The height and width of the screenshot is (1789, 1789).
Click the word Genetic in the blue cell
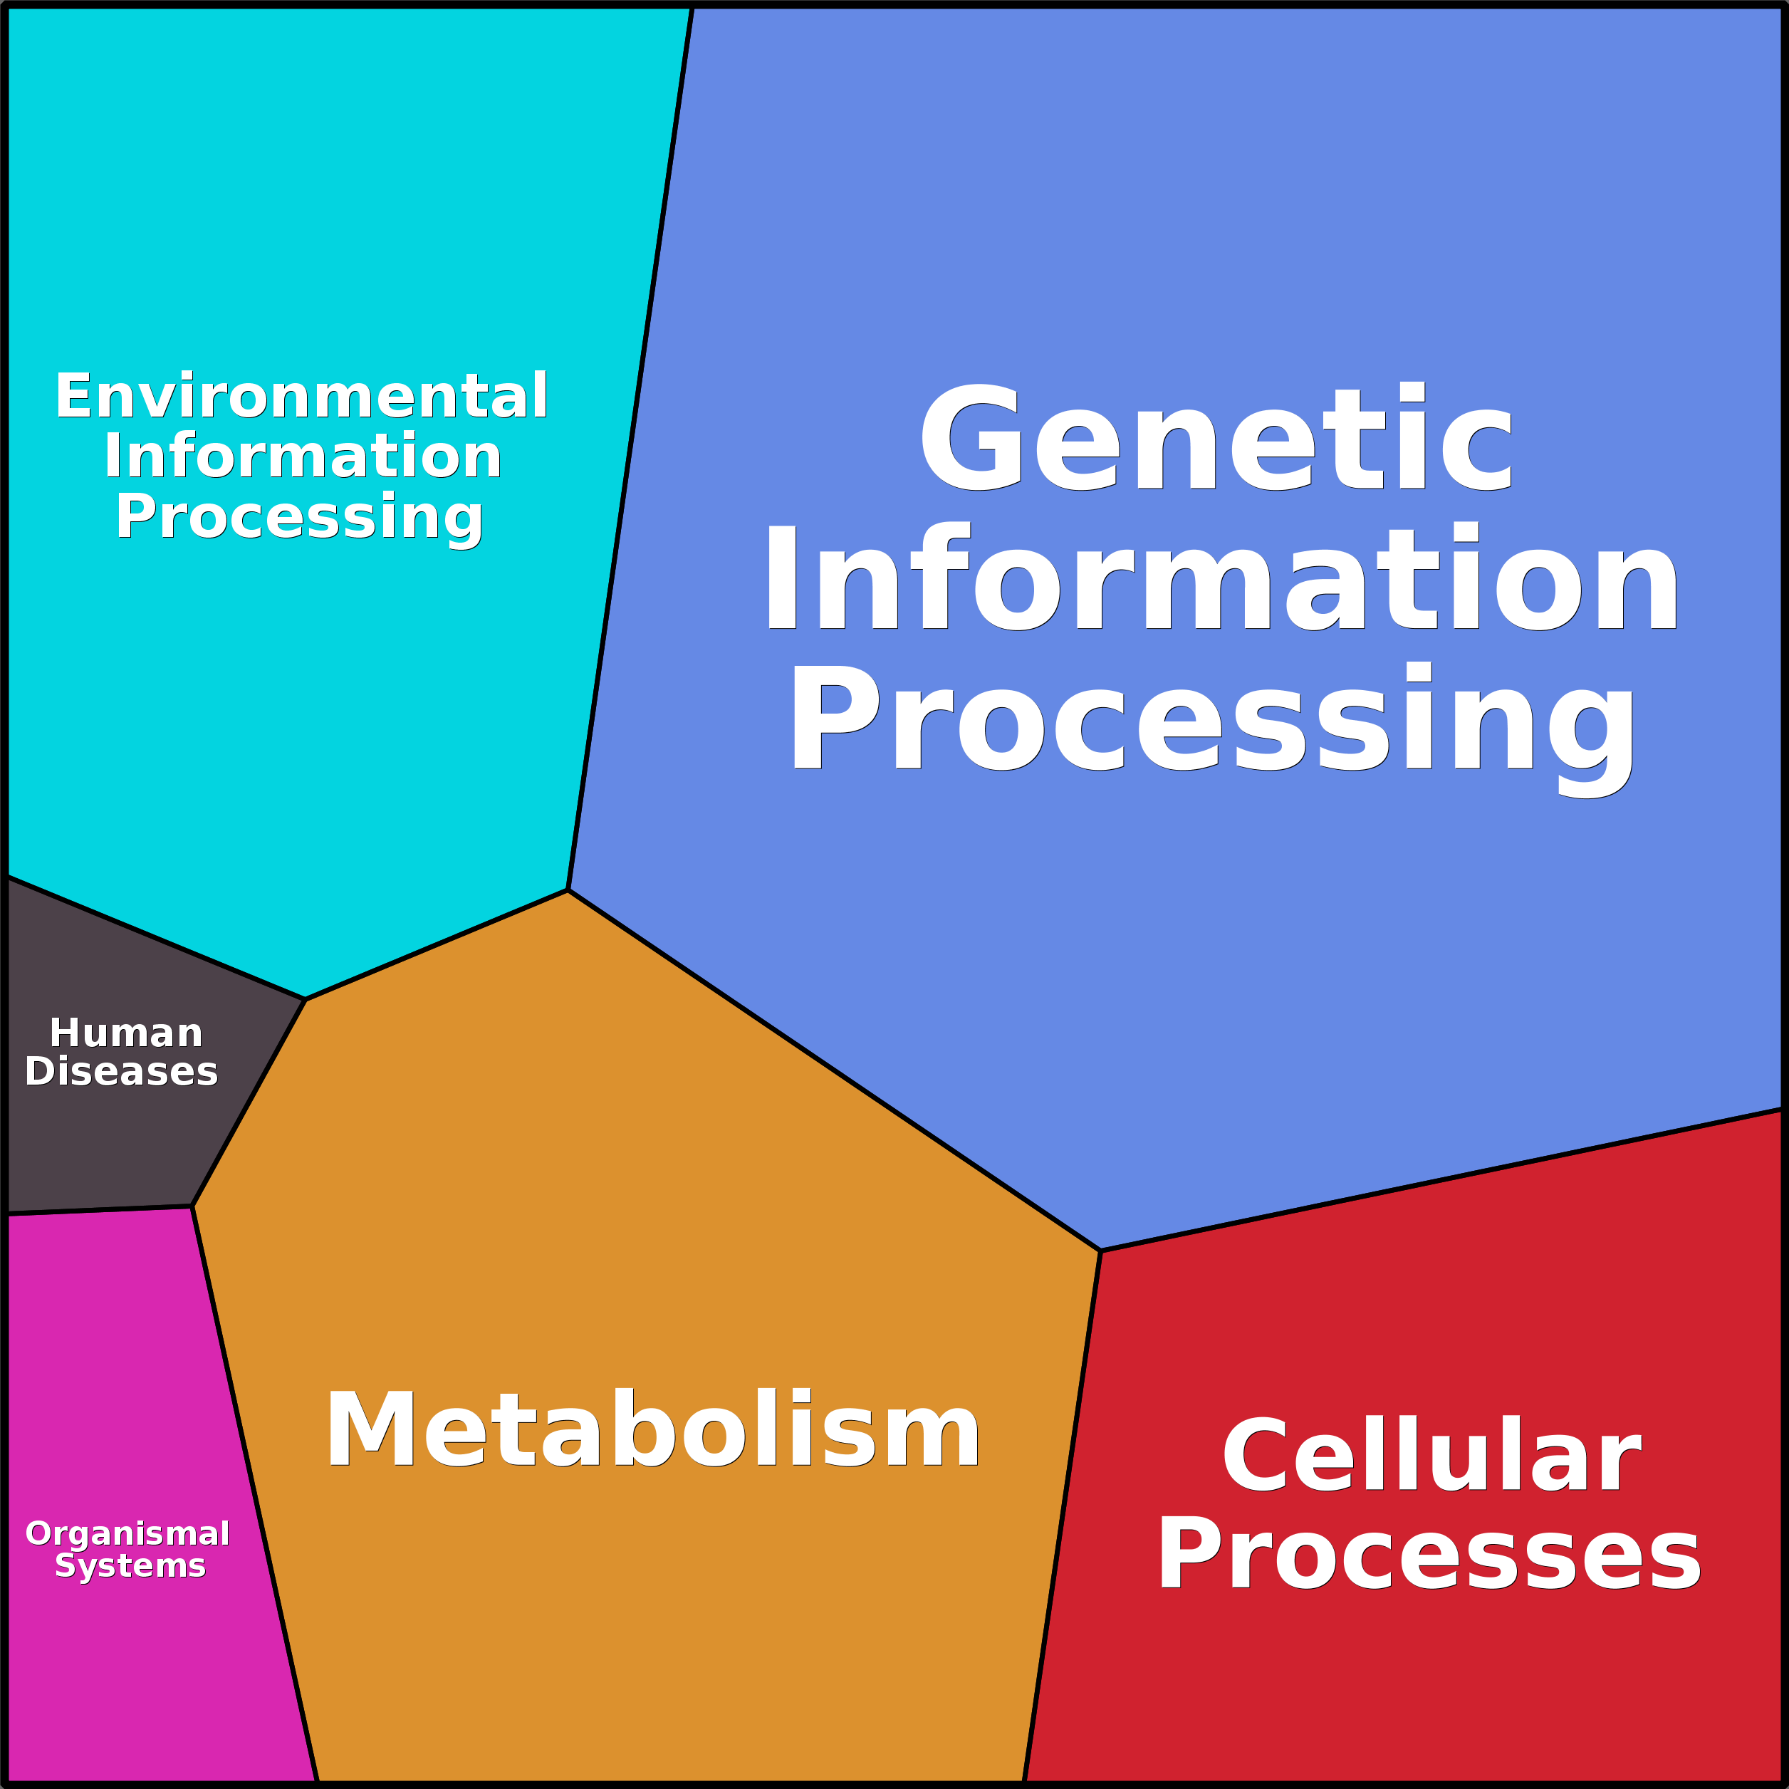tap(1215, 437)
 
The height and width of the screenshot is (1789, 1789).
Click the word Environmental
tap(302, 396)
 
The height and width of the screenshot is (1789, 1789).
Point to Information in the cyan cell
tap(302, 457)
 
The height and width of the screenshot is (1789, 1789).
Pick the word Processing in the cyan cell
tap(298, 517)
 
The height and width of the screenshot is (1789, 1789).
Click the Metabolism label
tap(652, 1430)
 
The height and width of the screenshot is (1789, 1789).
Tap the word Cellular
tap(1431, 1456)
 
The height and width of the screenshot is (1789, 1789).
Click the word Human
tap(126, 1033)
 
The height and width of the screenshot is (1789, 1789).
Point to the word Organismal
tap(127, 1533)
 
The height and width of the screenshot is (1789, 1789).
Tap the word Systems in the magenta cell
tap(130, 1565)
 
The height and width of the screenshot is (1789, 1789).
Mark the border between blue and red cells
tap(1441, 1179)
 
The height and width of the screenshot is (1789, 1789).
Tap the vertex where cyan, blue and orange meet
tap(568, 890)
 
